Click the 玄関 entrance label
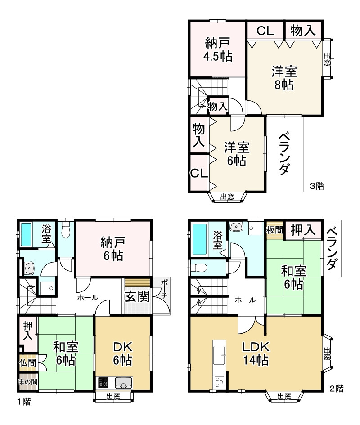[137, 296]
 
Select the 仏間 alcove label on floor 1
[27, 362]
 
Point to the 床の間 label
[27, 382]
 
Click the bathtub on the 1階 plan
[26, 234]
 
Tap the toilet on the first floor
[65, 230]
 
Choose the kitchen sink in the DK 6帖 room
[123, 383]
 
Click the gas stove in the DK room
[103, 382]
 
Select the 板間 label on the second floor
[274, 230]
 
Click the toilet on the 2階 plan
[199, 268]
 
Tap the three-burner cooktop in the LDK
[219, 382]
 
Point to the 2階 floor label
[337, 389]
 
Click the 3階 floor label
[317, 186]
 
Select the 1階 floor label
[24, 401]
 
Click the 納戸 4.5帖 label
[218, 49]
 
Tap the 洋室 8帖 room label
[284, 78]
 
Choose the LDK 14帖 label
[256, 353]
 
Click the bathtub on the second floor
[199, 239]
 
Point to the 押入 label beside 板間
[303, 230]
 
